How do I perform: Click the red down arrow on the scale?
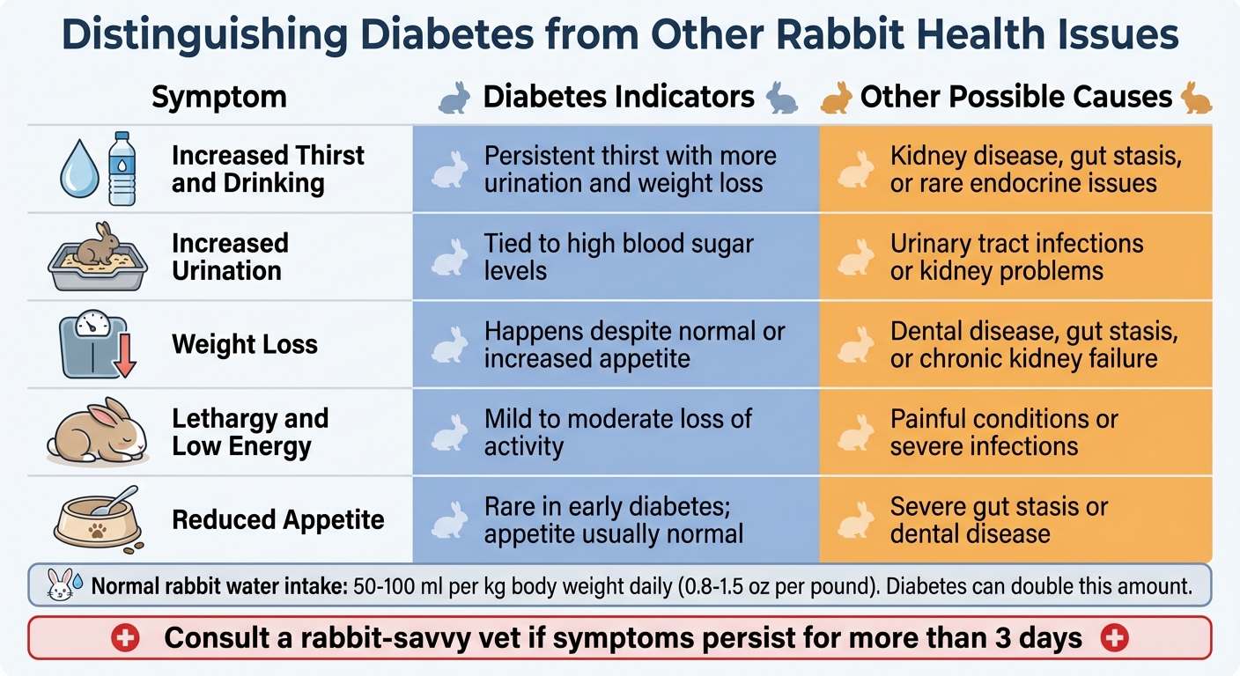pyautogui.click(x=123, y=358)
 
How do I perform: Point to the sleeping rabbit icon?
pyautogui.click(x=97, y=431)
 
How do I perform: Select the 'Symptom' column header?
pyautogui.click(x=218, y=97)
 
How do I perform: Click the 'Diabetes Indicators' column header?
pyautogui.click(x=618, y=97)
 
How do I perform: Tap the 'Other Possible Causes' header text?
pyautogui.click(x=1015, y=97)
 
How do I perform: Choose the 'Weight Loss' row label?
pyautogui.click(x=245, y=344)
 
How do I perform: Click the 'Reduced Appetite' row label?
pyautogui.click(x=278, y=519)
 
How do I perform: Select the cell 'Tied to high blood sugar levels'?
pyautogui.click(x=618, y=256)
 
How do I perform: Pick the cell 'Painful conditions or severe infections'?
pyautogui.click(x=1003, y=431)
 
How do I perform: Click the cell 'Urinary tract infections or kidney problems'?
pyautogui.click(x=1016, y=256)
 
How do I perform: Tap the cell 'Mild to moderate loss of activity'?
pyautogui.click(x=618, y=431)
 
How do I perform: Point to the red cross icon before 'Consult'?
pyautogui.click(x=125, y=638)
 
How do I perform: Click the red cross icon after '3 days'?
pyautogui.click(x=1115, y=638)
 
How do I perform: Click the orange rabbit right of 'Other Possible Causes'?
pyautogui.click(x=1196, y=97)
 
